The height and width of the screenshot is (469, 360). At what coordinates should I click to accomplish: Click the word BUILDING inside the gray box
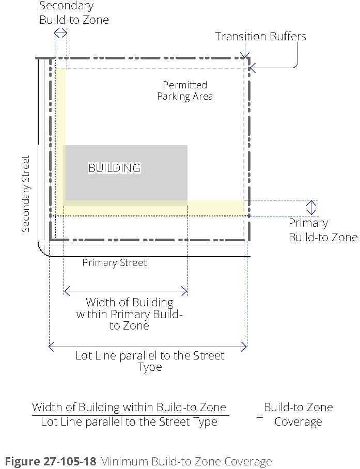pyautogui.click(x=114, y=168)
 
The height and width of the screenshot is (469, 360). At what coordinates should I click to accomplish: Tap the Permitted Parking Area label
pyautogui.click(x=185, y=90)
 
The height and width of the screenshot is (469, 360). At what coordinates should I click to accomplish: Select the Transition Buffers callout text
pyautogui.click(x=260, y=36)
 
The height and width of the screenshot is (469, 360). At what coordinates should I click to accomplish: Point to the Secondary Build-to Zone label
pyautogui.click(x=74, y=13)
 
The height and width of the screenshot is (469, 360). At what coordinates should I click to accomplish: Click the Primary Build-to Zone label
pyautogui.click(x=322, y=230)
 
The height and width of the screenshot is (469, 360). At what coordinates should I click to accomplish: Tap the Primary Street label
pyautogui.click(x=115, y=263)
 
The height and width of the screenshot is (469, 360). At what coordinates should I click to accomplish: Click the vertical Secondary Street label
pyautogui.click(x=26, y=194)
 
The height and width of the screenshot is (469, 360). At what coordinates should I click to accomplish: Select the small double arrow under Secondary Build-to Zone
pyautogui.click(x=60, y=33)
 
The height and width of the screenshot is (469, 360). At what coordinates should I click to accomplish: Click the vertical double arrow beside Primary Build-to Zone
pyautogui.click(x=311, y=208)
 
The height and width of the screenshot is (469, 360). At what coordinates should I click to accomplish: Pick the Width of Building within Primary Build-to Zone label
pyautogui.click(x=129, y=314)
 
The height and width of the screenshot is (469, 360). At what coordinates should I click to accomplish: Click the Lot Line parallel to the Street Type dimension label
pyautogui.click(x=150, y=361)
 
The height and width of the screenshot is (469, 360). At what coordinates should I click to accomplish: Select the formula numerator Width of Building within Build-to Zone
pyautogui.click(x=130, y=407)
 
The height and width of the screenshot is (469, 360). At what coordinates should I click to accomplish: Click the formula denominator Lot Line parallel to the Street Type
pyautogui.click(x=129, y=422)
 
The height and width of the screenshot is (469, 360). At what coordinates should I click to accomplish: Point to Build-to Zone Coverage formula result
pyautogui.click(x=298, y=414)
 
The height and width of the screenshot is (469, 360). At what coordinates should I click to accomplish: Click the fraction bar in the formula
pyautogui.click(x=130, y=415)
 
